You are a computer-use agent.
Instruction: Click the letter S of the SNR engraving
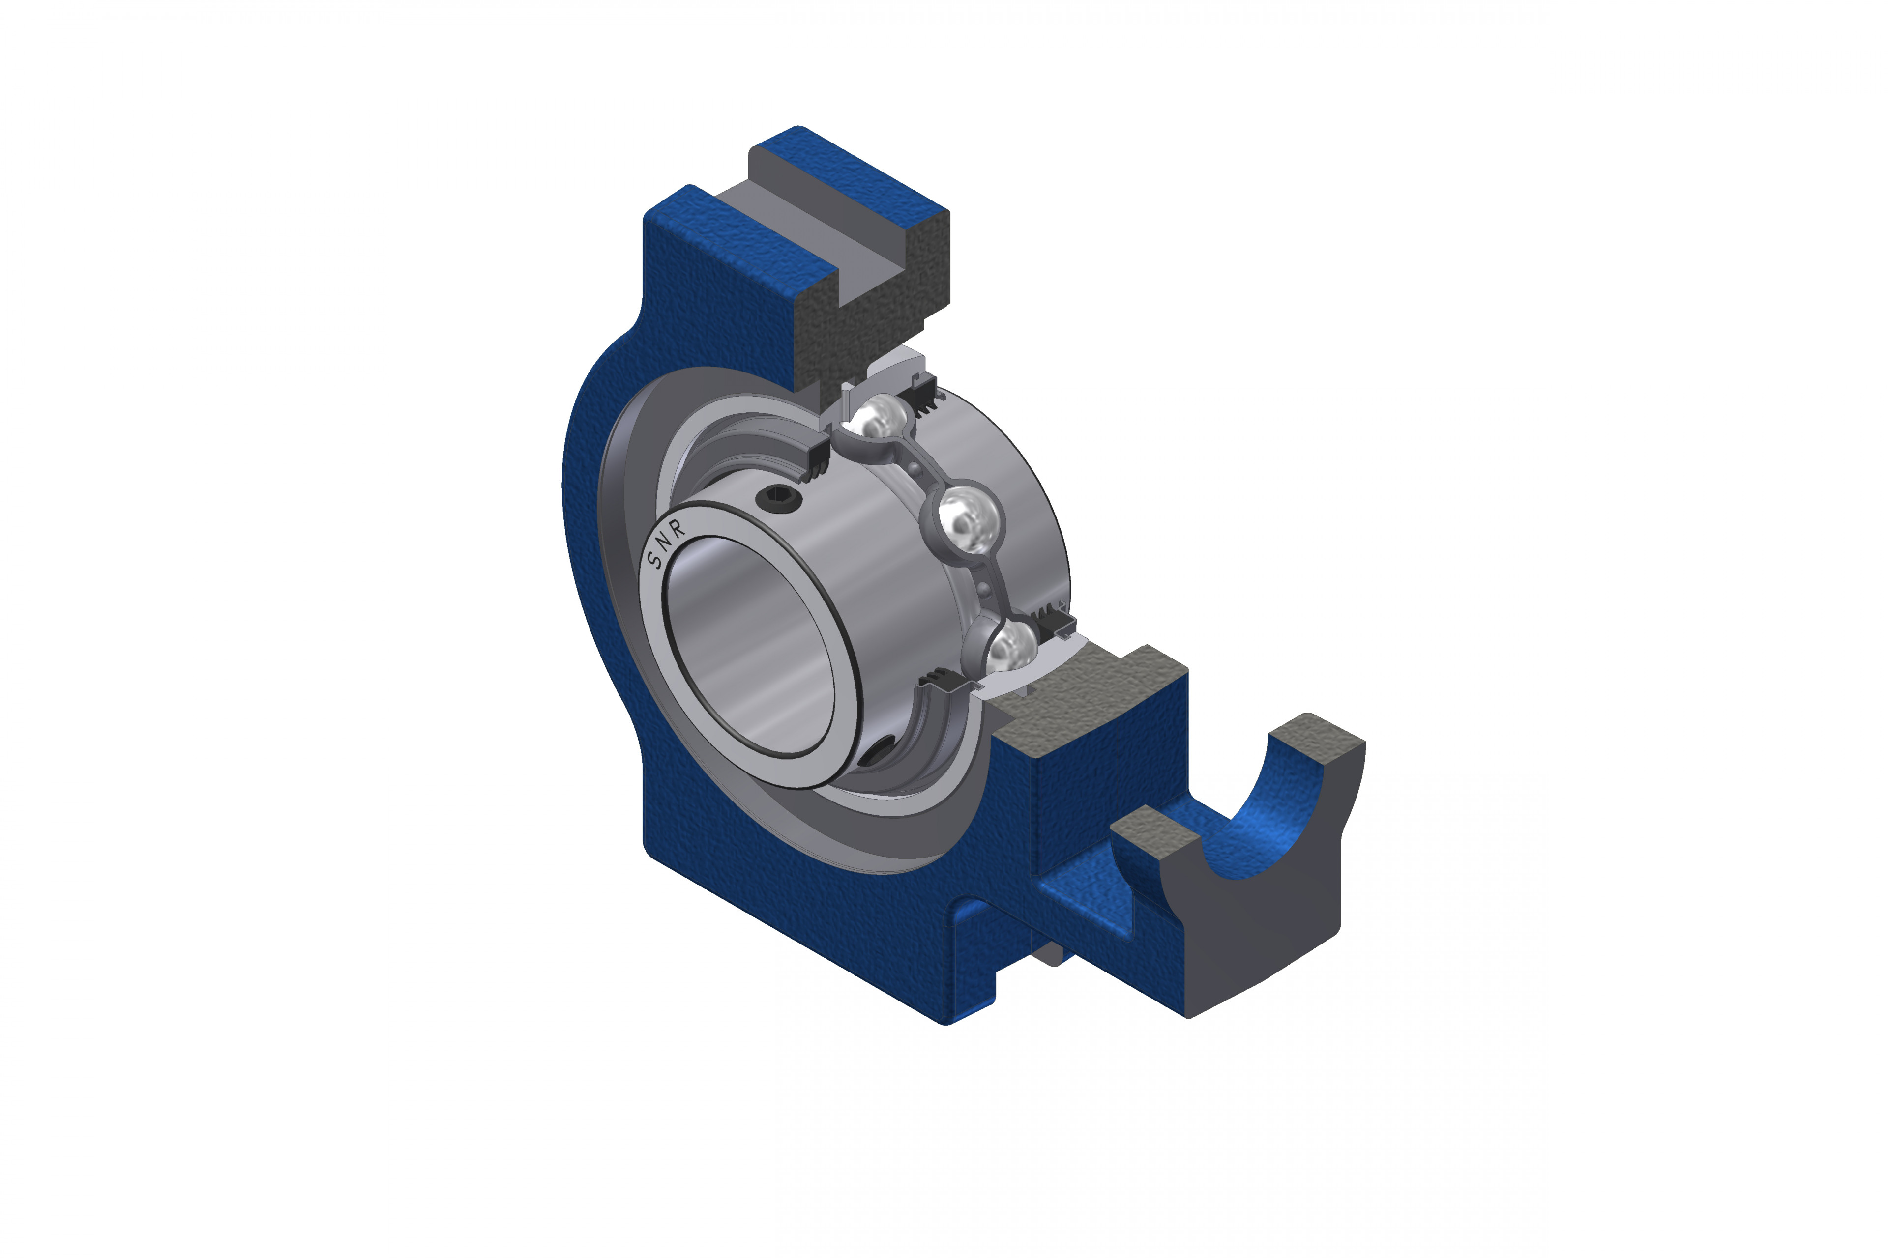pos(657,559)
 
